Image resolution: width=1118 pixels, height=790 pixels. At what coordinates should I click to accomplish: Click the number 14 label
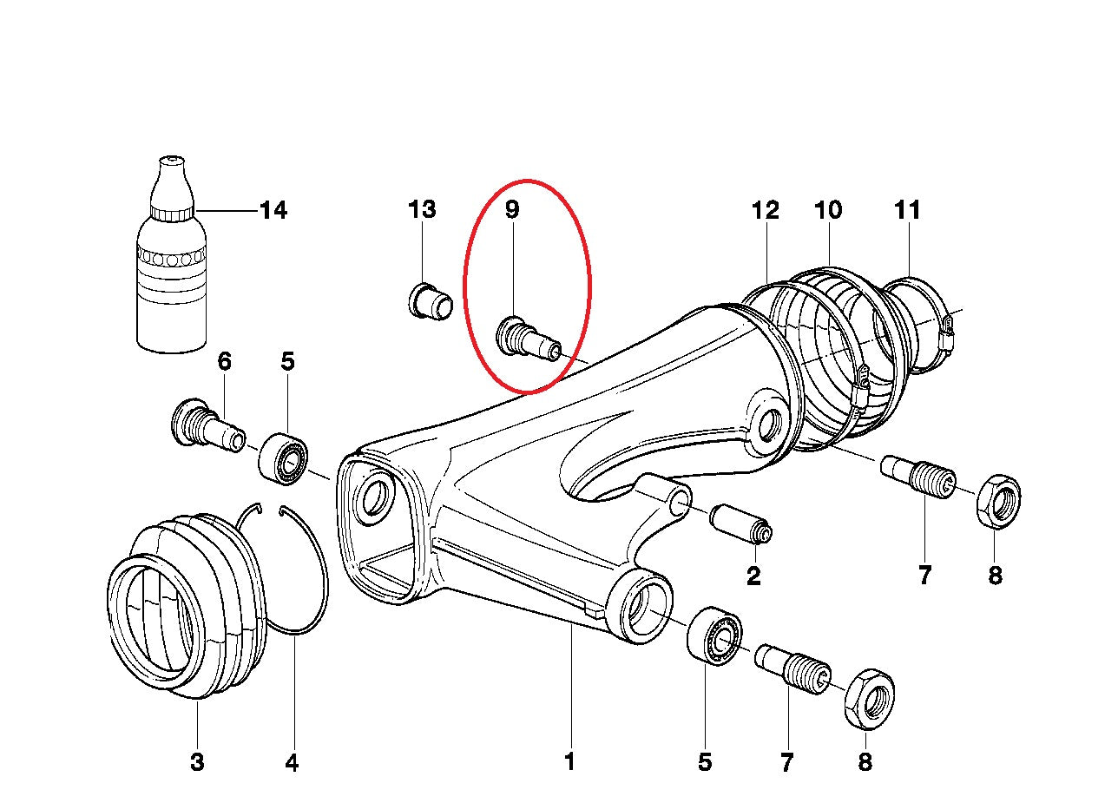click(273, 211)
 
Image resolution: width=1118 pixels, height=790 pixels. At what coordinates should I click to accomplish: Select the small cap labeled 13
click(430, 301)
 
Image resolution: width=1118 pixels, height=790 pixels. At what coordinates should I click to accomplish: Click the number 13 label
click(422, 210)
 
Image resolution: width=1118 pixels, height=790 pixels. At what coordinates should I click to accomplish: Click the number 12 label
click(766, 210)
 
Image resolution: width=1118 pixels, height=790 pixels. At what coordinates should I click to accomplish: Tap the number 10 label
click(828, 210)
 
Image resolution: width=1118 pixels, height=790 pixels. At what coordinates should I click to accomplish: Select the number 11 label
click(907, 210)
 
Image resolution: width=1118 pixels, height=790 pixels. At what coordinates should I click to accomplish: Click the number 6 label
click(224, 361)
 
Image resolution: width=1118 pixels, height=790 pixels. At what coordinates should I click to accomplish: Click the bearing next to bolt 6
click(284, 458)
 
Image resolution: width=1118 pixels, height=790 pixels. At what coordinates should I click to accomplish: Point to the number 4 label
click(292, 763)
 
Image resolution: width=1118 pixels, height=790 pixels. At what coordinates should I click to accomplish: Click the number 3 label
click(197, 763)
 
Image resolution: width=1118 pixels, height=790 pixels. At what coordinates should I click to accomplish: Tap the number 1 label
click(570, 763)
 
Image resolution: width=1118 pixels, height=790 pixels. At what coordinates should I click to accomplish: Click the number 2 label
click(753, 575)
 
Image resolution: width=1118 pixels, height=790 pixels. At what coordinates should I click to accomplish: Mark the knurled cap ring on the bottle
click(172, 212)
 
